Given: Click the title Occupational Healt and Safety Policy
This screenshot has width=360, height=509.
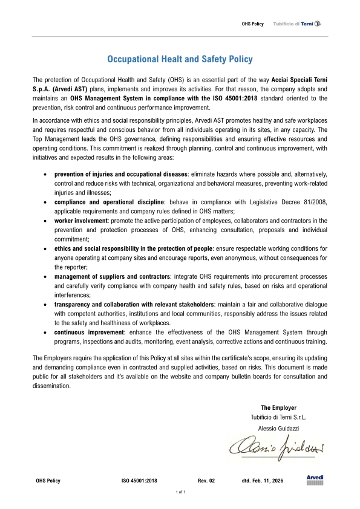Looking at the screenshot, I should [180, 59].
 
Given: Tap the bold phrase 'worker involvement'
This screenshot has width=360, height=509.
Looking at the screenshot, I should [79, 221].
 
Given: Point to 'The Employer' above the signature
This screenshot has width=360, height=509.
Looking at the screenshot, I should [278, 408].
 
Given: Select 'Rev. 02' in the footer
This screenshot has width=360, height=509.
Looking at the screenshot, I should [206, 481].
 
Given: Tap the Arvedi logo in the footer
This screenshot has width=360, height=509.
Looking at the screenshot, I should [315, 480].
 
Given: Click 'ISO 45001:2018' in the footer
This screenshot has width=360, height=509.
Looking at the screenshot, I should [140, 481].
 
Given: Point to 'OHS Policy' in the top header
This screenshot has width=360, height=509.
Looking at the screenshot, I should [253, 24].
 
